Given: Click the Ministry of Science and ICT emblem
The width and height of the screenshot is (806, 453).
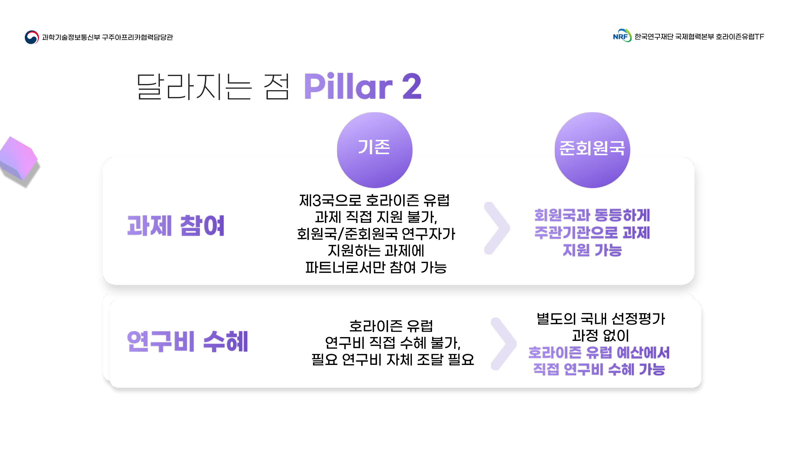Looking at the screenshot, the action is (x=32, y=37).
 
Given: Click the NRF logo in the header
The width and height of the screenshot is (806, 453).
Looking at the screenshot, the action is (x=622, y=36).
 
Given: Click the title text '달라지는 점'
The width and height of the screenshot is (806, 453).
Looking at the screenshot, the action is (x=213, y=87).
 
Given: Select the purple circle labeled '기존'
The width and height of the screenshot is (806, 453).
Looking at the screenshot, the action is (x=375, y=150).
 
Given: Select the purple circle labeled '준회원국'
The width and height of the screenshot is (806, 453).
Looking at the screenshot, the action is (x=592, y=150).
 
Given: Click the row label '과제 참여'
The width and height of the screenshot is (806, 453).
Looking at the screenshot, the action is (x=176, y=225).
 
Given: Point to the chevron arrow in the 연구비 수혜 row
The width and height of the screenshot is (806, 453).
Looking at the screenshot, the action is (x=503, y=344).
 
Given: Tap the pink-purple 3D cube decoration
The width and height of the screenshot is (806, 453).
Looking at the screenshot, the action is (x=19, y=162).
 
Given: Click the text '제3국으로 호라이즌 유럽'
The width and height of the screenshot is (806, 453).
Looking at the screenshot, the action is (x=375, y=200).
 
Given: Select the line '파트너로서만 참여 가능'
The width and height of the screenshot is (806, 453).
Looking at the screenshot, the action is (x=376, y=267).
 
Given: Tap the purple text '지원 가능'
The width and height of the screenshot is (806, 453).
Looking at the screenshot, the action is (x=592, y=250).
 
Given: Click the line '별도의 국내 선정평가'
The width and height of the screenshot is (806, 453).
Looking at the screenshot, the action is (x=600, y=319).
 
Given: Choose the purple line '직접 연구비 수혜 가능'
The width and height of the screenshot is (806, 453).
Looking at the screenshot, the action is (x=599, y=369).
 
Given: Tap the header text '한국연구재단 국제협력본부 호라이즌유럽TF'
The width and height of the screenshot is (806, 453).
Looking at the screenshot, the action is (x=699, y=36).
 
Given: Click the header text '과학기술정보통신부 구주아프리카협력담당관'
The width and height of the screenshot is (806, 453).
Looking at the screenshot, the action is (x=107, y=37).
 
